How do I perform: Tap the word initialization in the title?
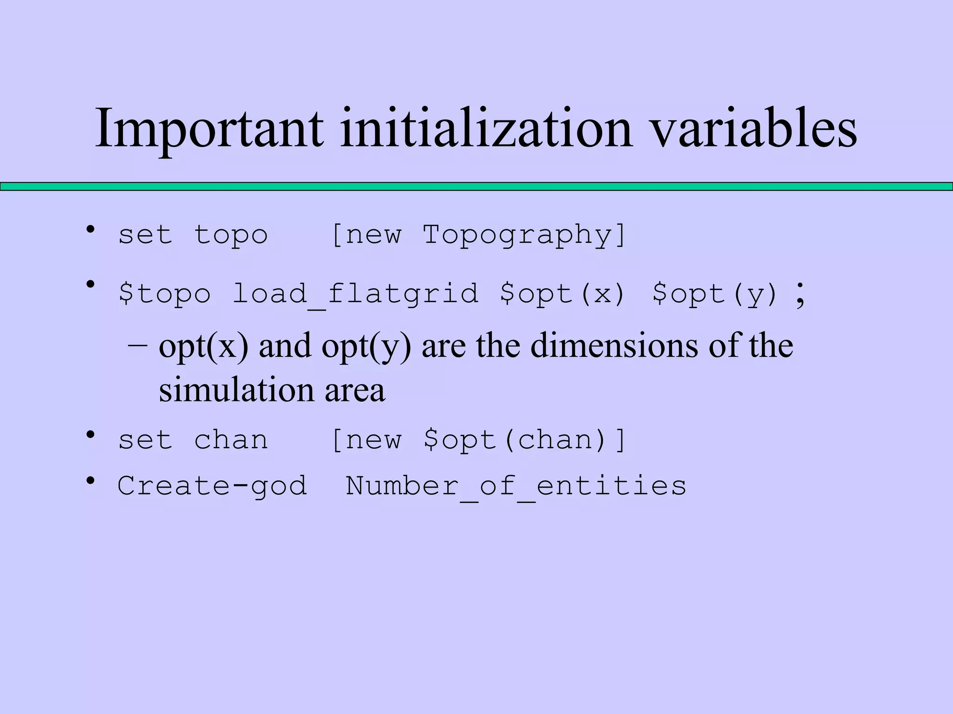pos(486,128)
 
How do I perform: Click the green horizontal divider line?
pos(476,186)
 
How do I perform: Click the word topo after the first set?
pos(231,235)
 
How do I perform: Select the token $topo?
pos(165,294)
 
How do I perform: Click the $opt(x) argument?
pos(562,294)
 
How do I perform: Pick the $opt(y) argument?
pos(715,294)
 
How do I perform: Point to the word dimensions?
pos(614,346)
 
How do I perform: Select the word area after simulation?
pos(355,390)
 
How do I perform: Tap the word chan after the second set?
pos(231,440)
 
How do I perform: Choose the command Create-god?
pos(212,486)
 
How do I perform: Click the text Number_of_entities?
pos(516,486)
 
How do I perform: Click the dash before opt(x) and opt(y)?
pos(138,346)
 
